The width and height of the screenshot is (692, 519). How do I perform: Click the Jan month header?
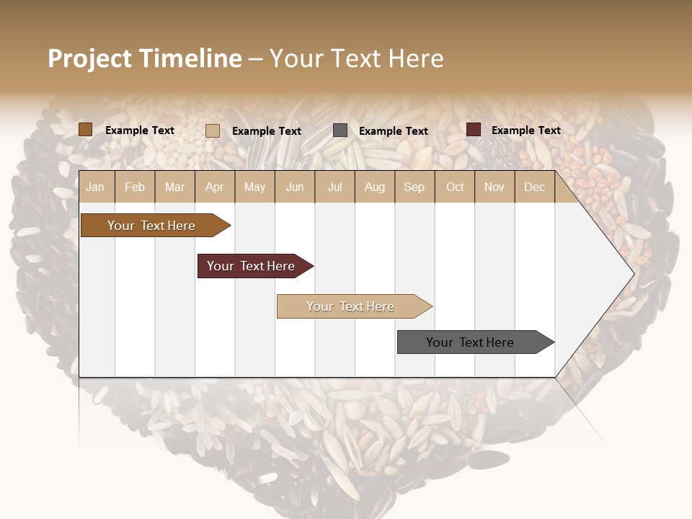[95, 187]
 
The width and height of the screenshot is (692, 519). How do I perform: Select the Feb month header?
[135, 187]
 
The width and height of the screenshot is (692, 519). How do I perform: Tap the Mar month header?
[174, 187]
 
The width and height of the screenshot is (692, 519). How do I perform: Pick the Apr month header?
[215, 187]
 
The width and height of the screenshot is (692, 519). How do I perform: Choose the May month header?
[254, 187]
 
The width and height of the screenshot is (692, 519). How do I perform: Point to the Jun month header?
[295, 187]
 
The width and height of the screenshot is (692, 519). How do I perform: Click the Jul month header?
[334, 187]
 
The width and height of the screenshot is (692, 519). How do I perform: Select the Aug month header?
[375, 187]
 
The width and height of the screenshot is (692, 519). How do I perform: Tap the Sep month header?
[414, 187]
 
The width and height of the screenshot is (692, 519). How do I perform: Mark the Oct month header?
[455, 187]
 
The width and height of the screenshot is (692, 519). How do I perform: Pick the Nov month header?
[494, 187]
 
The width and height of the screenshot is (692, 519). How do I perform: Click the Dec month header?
[535, 187]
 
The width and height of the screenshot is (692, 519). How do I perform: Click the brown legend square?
[86, 130]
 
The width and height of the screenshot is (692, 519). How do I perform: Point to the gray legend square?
[340, 130]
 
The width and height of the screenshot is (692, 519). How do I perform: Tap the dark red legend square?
[474, 130]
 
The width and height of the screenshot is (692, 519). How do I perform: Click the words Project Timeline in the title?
[145, 58]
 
